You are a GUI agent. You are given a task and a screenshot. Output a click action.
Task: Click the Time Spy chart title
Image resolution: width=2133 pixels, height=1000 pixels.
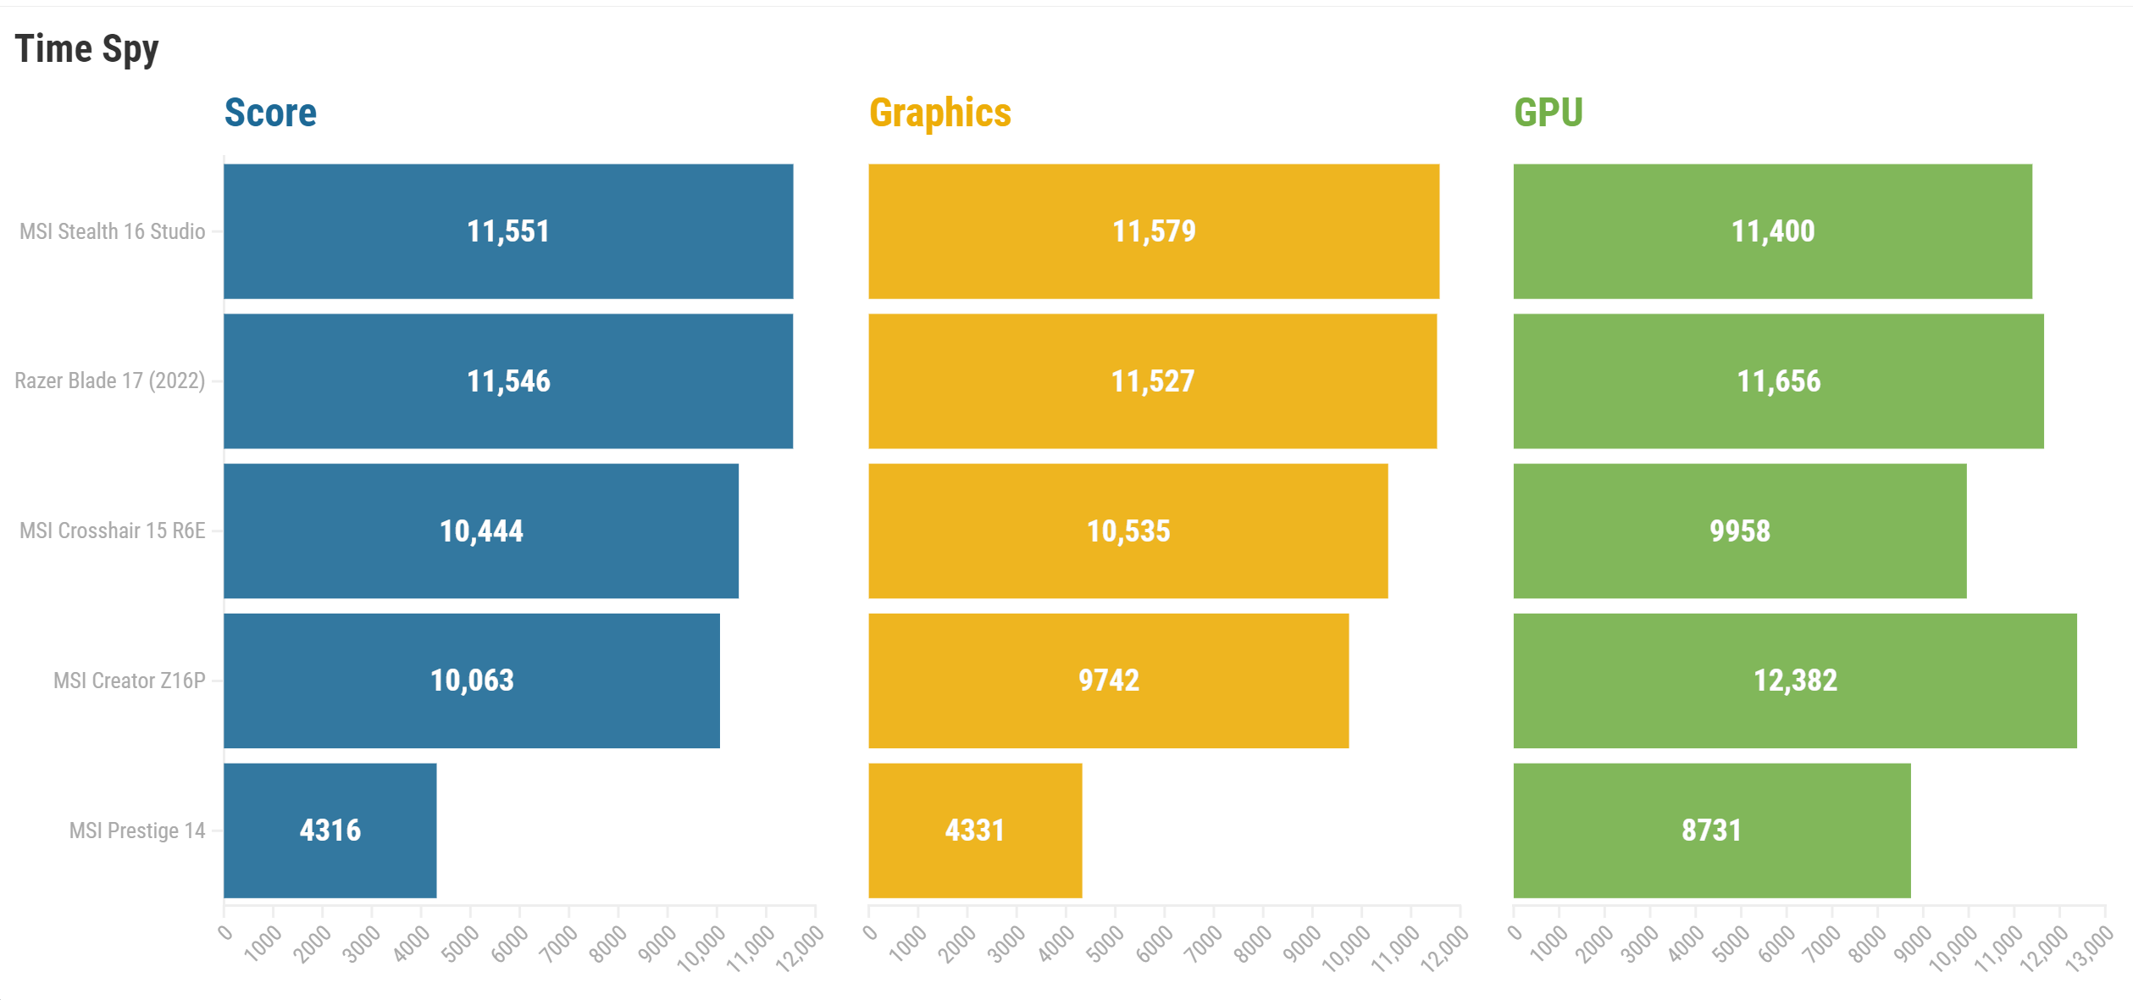click(x=86, y=49)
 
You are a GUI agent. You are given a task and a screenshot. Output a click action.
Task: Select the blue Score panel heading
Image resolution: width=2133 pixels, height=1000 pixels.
click(x=270, y=113)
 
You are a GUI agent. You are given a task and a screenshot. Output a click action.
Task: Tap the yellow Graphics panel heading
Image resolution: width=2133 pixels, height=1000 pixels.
click(x=939, y=113)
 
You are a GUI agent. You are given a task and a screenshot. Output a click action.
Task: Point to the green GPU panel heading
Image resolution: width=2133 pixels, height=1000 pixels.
click(x=1548, y=113)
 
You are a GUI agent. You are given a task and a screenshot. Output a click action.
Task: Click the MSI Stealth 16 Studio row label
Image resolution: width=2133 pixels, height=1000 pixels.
click(x=112, y=231)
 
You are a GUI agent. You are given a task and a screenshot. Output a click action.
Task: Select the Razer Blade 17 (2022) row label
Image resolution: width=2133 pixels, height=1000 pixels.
click(x=109, y=381)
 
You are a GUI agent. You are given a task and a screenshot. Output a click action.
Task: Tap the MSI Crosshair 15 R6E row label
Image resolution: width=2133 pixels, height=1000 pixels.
click(x=112, y=531)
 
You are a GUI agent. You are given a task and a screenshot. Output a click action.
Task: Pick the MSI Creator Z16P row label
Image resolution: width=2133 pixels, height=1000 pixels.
click(x=129, y=681)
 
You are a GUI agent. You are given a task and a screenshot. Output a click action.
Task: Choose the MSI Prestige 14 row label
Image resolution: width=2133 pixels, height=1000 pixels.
click(x=136, y=831)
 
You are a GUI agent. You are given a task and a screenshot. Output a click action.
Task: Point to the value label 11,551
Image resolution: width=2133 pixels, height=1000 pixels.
click(x=508, y=231)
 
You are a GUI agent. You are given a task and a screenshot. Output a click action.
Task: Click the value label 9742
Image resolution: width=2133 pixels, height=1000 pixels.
click(x=1108, y=681)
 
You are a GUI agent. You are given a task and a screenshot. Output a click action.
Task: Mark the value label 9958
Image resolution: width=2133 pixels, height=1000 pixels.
click(x=1739, y=531)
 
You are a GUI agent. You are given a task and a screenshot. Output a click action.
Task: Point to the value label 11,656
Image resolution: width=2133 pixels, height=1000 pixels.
click(x=1778, y=381)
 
